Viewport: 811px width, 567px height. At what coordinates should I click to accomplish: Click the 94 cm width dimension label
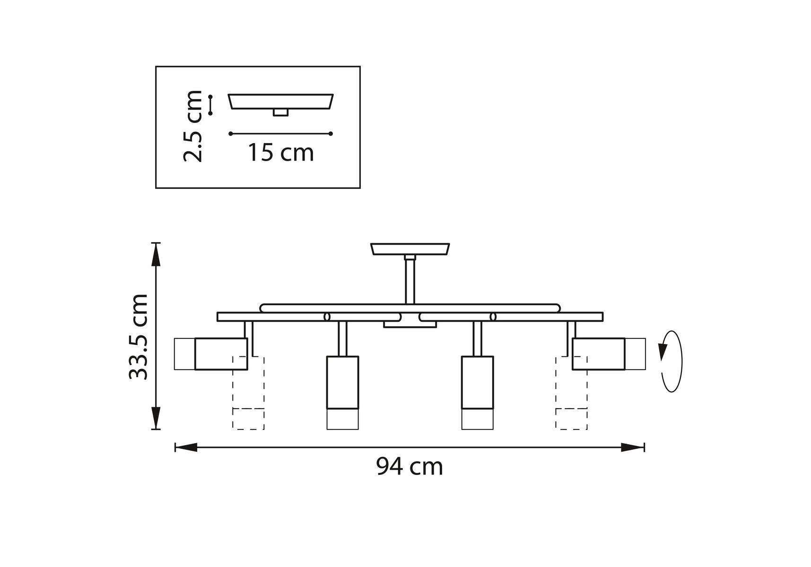tap(410, 467)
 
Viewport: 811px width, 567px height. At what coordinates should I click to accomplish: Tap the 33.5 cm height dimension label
tap(139, 336)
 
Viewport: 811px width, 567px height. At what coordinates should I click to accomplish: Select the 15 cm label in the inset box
tap(281, 153)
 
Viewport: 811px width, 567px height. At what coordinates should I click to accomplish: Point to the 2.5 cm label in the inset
tap(193, 126)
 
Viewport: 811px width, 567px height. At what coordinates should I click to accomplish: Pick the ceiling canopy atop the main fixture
tap(410, 249)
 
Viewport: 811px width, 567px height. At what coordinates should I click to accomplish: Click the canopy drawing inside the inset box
tap(281, 104)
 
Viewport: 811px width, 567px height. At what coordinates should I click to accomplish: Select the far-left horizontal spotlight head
tap(211, 354)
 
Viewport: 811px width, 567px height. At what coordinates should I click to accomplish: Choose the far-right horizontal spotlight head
tap(609, 354)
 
